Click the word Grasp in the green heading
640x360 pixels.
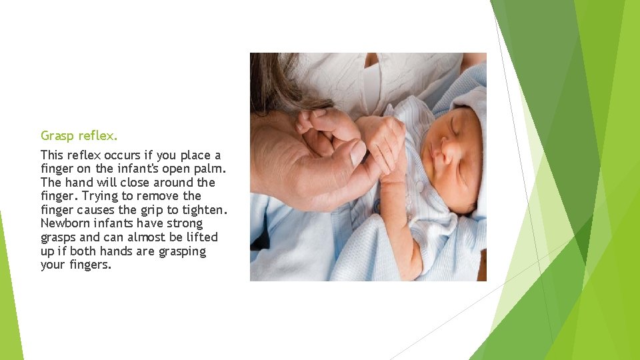(x=57, y=136)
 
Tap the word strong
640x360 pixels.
(x=185, y=223)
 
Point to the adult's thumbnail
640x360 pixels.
(x=357, y=153)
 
